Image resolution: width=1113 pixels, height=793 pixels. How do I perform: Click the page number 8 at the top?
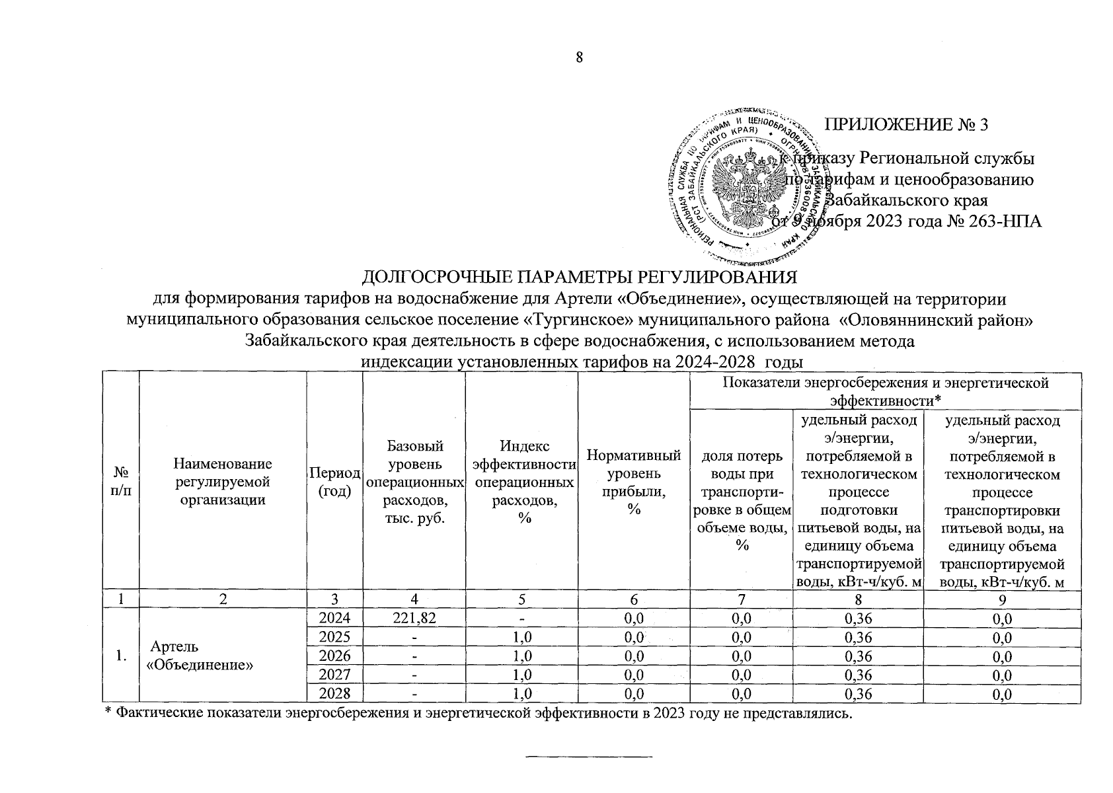pyautogui.click(x=580, y=58)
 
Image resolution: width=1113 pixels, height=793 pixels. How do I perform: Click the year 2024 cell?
pyautogui.click(x=334, y=619)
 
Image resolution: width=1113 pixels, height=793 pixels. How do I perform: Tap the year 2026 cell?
pyautogui.click(x=334, y=656)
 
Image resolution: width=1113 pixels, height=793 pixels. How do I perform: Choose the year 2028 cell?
pyautogui.click(x=334, y=693)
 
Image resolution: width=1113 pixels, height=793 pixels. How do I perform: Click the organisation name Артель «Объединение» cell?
pyautogui.click(x=200, y=656)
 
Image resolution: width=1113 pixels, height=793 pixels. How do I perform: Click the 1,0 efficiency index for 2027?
pyautogui.click(x=521, y=675)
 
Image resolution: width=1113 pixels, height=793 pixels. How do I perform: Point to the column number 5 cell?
pyautogui.click(x=521, y=600)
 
